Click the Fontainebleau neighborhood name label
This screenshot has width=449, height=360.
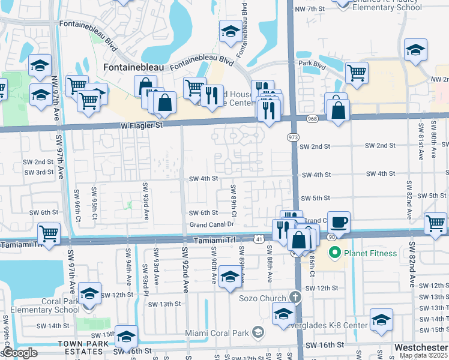click(x=133, y=68)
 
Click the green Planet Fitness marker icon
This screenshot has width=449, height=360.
click(x=335, y=253)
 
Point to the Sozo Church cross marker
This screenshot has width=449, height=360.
click(x=294, y=298)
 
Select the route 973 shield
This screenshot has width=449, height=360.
click(x=294, y=137)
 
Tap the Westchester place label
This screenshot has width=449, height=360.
click(x=421, y=347)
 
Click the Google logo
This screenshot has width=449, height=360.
click(x=20, y=352)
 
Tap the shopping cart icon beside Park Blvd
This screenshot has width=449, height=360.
click(x=357, y=73)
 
